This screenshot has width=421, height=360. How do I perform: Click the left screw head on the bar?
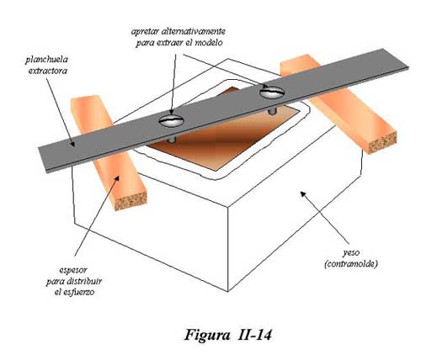pyautogui.click(x=171, y=121)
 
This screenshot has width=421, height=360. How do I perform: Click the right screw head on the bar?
pyautogui.click(x=272, y=92)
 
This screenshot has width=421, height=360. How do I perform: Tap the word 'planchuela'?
pyautogui.click(x=46, y=60)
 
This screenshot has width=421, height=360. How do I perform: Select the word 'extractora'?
pyautogui.click(x=48, y=71)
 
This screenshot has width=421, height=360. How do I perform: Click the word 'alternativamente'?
pyautogui.click(x=195, y=31)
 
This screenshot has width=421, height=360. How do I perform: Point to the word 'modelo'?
pyautogui.click(x=209, y=43)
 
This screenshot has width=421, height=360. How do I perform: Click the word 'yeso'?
pyautogui.click(x=351, y=253)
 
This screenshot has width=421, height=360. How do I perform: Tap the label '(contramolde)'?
pyautogui.click(x=351, y=264)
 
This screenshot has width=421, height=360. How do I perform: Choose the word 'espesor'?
pyautogui.click(x=73, y=271)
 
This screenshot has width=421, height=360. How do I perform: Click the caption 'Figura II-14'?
pyautogui.click(x=227, y=335)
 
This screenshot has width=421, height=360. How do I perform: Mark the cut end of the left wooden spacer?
pyautogui.click(x=131, y=201)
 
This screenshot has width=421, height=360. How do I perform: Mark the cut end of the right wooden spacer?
pyautogui.click(x=382, y=142)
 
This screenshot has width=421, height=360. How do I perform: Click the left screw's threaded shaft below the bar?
pyautogui.click(x=171, y=138)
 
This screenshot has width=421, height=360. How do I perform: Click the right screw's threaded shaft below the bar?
pyautogui.click(x=271, y=111)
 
